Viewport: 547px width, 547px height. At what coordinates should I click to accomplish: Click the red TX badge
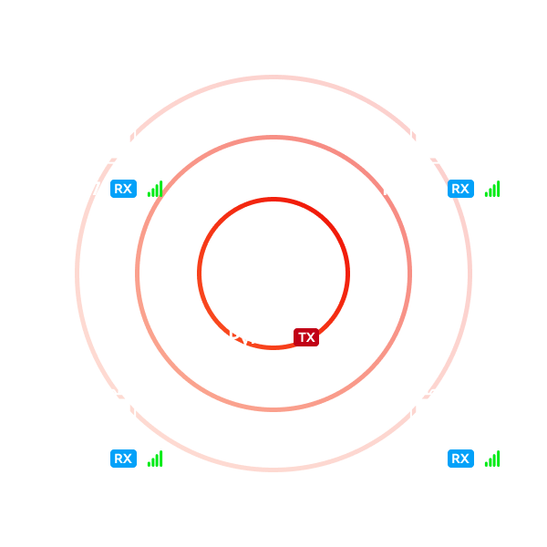[306, 337]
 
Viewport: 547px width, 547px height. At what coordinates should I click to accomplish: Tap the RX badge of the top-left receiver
[123, 189]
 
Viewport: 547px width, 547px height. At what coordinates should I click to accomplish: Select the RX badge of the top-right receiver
[460, 189]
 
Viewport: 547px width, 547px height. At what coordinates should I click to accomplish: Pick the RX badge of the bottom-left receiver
[123, 459]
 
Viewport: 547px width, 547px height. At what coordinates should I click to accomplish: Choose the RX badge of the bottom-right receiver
[460, 459]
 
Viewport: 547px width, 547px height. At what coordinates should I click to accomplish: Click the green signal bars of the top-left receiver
[156, 190]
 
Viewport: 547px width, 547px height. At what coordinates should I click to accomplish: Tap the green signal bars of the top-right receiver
[493, 190]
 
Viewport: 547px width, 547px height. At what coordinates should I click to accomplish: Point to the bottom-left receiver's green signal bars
[156, 459]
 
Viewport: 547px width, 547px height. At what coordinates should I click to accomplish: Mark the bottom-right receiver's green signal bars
[493, 459]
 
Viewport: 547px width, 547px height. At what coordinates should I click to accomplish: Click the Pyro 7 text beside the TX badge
[256, 338]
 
